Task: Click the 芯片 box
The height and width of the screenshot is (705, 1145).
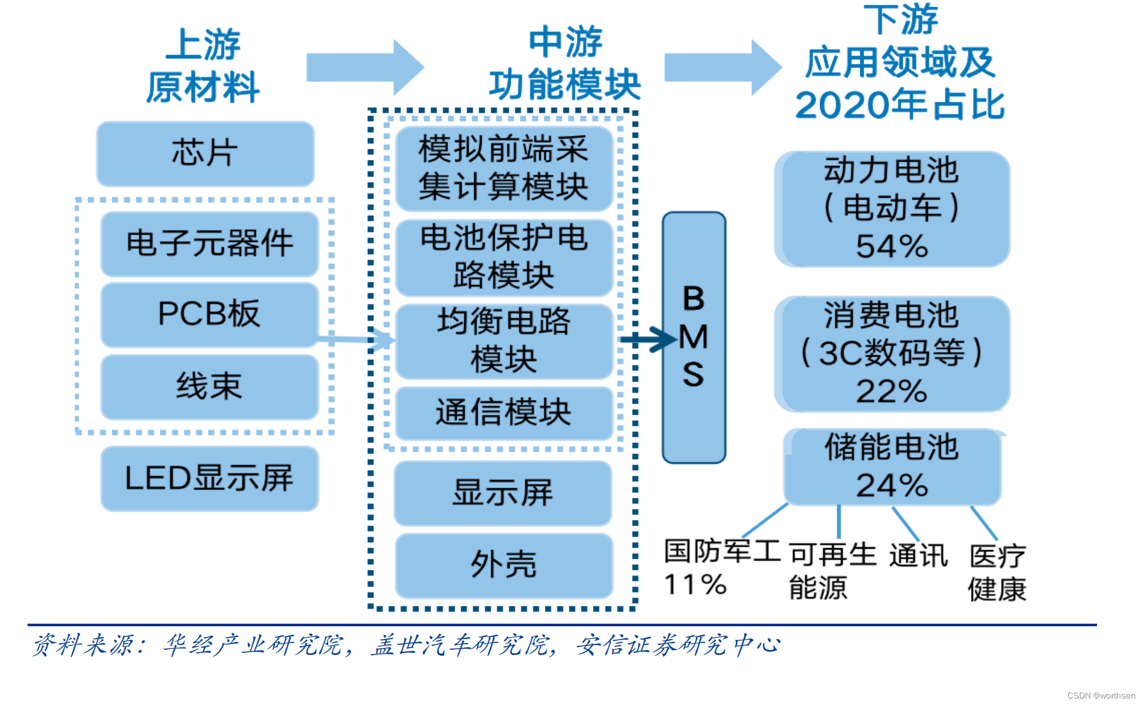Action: pyautogui.click(x=205, y=154)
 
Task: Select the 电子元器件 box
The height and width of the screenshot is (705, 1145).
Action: pyautogui.click(x=209, y=244)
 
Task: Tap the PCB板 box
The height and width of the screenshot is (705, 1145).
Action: pyautogui.click(x=209, y=314)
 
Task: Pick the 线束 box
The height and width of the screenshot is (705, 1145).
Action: pyautogui.click(x=209, y=387)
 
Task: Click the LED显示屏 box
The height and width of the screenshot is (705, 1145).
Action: pyautogui.click(x=209, y=478)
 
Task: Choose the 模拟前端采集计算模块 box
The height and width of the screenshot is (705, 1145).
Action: pyautogui.click(x=503, y=168)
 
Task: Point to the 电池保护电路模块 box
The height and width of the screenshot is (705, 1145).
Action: pyautogui.click(x=503, y=257)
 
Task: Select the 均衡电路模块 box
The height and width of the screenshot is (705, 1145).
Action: pyautogui.click(x=503, y=341)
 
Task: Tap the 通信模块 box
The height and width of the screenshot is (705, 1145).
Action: pyautogui.click(x=503, y=412)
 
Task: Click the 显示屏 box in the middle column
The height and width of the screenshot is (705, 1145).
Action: pyautogui.click(x=503, y=493)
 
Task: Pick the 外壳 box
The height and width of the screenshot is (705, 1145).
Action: pyautogui.click(x=503, y=565)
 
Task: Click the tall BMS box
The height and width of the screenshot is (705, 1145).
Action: pyautogui.click(x=694, y=337)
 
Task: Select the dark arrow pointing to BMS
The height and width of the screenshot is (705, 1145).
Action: pyautogui.click(x=649, y=339)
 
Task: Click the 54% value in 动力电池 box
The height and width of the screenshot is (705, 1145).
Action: pyautogui.click(x=892, y=247)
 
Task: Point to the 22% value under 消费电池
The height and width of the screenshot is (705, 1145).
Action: pyautogui.click(x=892, y=391)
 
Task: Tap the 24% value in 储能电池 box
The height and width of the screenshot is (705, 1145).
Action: pyautogui.click(x=892, y=486)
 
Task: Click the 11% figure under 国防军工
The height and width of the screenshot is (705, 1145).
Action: pyautogui.click(x=695, y=585)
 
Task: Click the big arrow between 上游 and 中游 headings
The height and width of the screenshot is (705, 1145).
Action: pyautogui.click(x=365, y=67)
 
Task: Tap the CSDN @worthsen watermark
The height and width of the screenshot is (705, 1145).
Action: pyautogui.click(x=1101, y=695)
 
